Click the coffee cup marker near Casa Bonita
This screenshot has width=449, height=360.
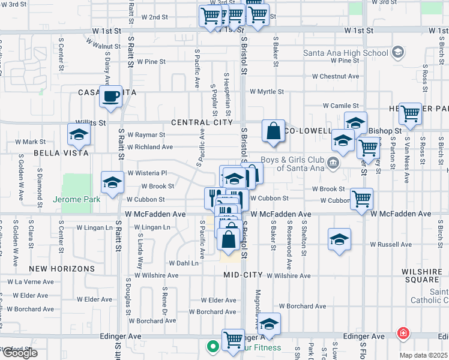(110, 96)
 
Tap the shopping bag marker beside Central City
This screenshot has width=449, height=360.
(273, 130)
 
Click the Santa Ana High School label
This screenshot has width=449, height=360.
(346, 53)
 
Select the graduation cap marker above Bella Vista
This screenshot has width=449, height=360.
(79, 135)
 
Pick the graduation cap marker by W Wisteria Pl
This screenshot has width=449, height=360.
(112, 183)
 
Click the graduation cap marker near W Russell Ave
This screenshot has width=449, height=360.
(340, 239)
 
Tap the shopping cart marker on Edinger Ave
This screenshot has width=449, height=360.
(233, 339)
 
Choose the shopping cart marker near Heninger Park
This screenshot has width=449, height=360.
(410, 113)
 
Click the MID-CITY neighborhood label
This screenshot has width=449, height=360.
(243, 275)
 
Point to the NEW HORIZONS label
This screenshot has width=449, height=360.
(55, 268)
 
